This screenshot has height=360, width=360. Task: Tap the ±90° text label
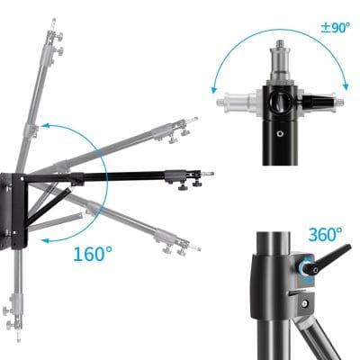[335, 26]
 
